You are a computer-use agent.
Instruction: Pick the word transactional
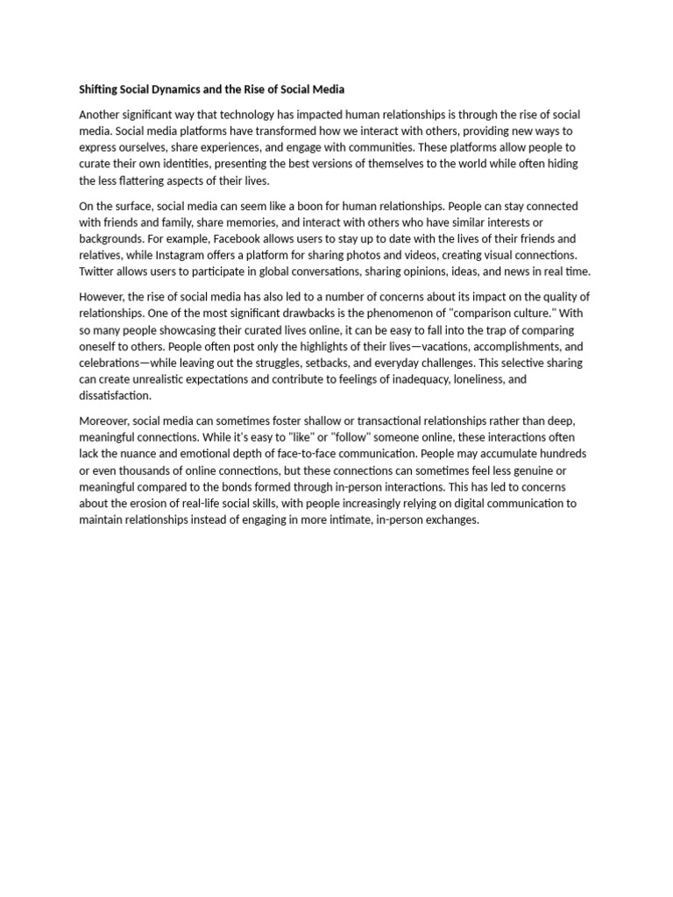[x=361, y=421]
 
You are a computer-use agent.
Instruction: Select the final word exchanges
[x=450, y=519]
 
